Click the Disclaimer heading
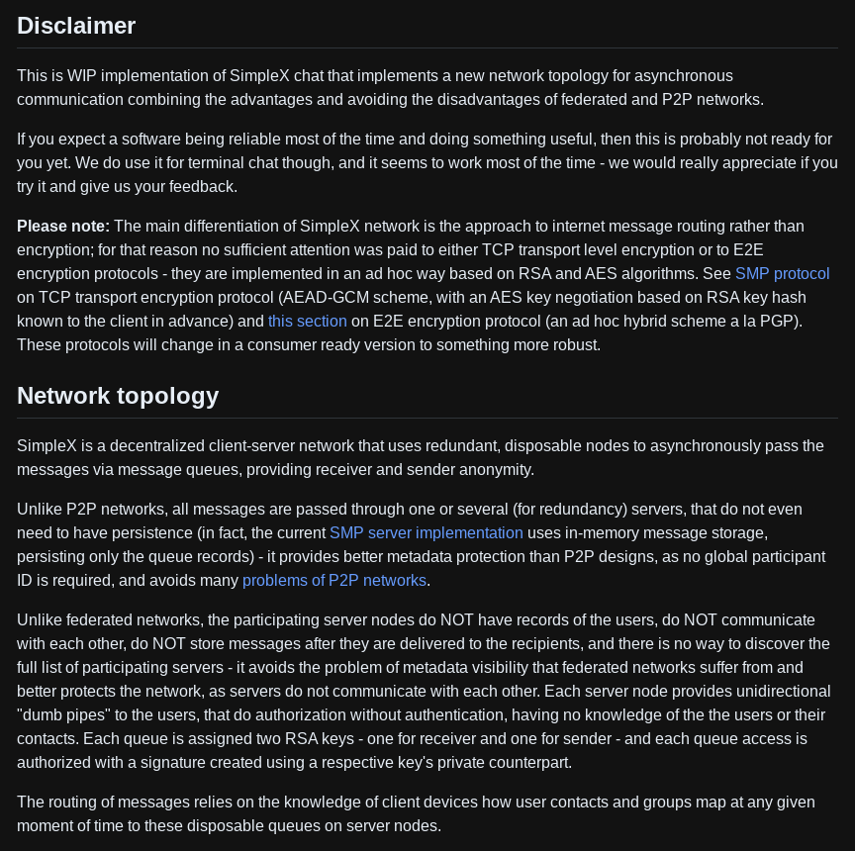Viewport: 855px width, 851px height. point(76,26)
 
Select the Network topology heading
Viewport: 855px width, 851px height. point(118,396)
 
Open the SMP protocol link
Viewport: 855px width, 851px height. point(782,273)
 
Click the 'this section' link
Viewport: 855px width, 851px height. point(307,321)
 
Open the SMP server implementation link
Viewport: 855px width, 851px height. point(426,532)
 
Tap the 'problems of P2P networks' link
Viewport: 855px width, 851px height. point(334,580)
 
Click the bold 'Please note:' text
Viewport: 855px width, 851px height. point(63,226)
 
